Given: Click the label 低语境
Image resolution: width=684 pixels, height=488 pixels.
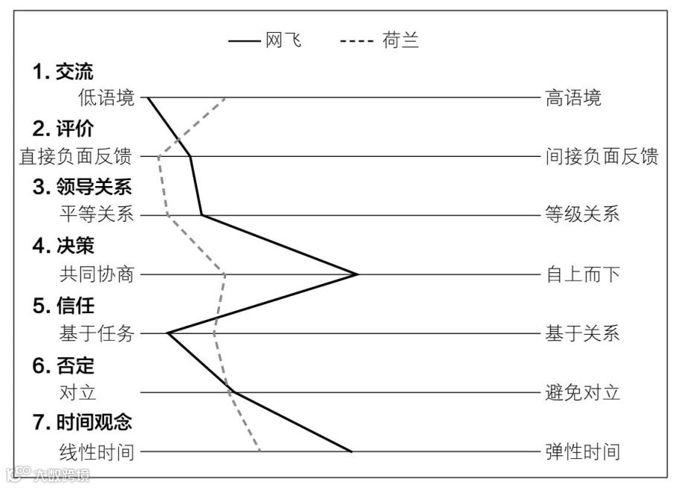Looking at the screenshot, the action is (106, 97).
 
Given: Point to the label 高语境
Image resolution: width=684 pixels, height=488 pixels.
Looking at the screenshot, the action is (573, 97).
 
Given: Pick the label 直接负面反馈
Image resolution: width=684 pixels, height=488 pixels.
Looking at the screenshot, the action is (76, 157).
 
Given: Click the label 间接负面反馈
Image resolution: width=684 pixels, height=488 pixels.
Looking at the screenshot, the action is (601, 157).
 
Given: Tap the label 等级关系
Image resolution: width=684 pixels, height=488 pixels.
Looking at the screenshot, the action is (582, 216).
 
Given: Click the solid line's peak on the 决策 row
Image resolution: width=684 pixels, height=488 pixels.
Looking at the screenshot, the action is (358, 274).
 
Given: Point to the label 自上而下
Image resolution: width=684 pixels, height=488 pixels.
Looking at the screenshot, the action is (582, 274).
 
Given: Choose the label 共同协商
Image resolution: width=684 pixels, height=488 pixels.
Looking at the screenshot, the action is (97, 274).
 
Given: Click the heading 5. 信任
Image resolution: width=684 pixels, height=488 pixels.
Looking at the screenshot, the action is (63, 306).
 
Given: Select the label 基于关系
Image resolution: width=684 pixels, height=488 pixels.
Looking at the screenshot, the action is (582, 334).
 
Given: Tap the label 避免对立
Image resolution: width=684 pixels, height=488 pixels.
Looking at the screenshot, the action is (582, 393).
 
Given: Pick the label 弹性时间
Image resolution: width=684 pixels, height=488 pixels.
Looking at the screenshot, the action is (582, 452).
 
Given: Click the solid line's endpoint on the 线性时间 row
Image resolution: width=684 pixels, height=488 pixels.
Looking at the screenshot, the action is (351, 451).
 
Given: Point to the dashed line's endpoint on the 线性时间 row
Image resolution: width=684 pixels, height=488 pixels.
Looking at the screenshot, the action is (259, 451).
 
